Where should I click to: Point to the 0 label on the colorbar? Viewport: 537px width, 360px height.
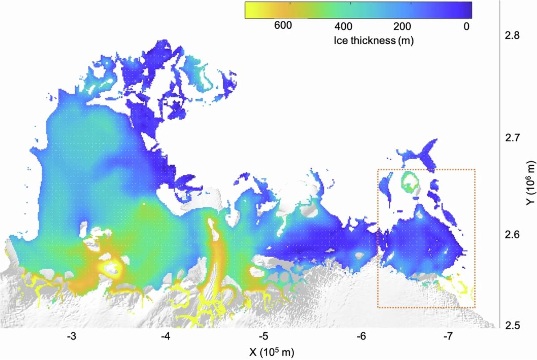pyautogui.click(x=466, y=26)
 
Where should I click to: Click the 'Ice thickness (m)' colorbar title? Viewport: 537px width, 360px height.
pyautogui.click(x=373, y=41)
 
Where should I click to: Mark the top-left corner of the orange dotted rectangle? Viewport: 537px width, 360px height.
pyautogui.click(x=378, y=169)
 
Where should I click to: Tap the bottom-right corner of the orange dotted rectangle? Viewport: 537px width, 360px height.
pyautogui.click(x=474, y=308)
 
